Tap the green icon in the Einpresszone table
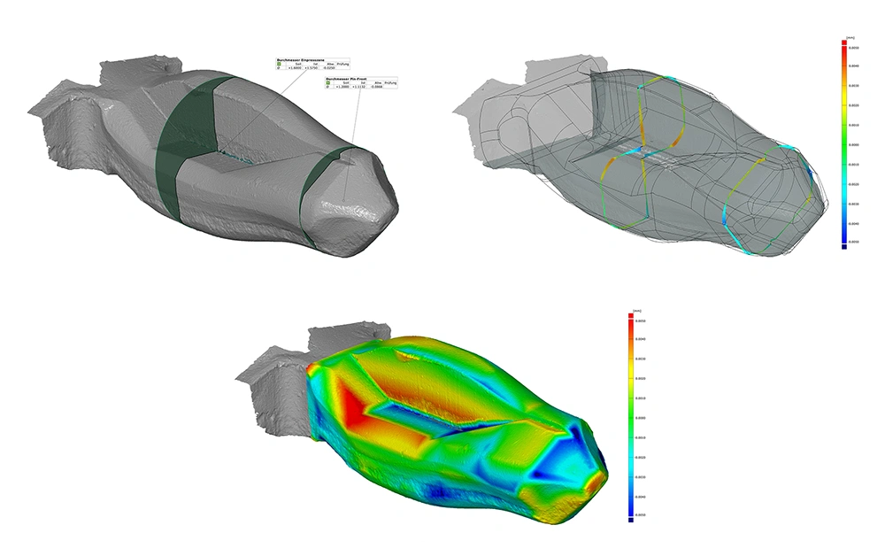click(x=279, y=65)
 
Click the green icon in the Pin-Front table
click(x=327, y=82)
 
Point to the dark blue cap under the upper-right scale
click(x=844, y=247)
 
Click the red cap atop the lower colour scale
click(x=629, y=316)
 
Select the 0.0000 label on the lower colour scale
click(x=640, y=417)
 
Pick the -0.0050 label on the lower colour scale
click(x=640, y=514)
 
